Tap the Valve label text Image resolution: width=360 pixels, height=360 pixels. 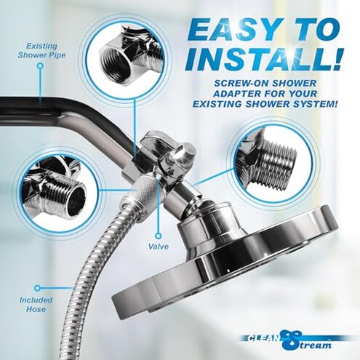pyautogui.click(x=159, y=247)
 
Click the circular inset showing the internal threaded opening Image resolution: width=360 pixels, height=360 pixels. pyautogui.click(x=123, y=58)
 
